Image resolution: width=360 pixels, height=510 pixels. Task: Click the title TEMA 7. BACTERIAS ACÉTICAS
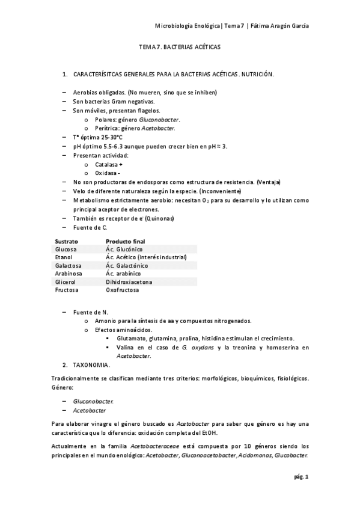(180, 46)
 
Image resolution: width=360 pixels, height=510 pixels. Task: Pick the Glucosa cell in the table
(66, 248)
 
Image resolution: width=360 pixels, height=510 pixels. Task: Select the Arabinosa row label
(68, 274)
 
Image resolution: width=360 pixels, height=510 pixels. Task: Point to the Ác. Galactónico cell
(126, 265)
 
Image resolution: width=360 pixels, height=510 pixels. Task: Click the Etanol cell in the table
(64, 257)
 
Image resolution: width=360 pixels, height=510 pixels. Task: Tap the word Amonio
(106, 321)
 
